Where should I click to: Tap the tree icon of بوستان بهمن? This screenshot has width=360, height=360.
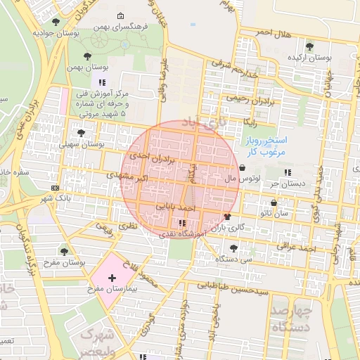click(x=87, y=56)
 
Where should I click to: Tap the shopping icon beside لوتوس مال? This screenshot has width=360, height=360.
click(x=243, y=168)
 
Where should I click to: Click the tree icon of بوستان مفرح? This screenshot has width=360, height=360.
click(x=64, y=250)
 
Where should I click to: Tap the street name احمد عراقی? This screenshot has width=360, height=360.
click(x=300, y=248)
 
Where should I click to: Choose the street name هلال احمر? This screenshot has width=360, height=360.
click(x=273, y=32)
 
